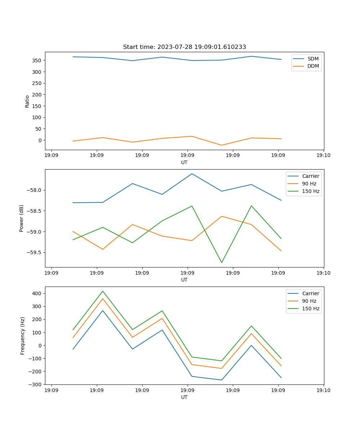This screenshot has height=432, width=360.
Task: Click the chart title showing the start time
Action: tap(184, 47)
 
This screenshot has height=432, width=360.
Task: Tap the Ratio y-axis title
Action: tap(27, 101)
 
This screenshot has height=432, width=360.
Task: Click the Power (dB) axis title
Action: tap(22, 218)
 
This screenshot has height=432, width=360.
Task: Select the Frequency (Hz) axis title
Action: tap(23, 336)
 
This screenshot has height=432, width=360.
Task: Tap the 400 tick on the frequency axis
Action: tap(37, 293)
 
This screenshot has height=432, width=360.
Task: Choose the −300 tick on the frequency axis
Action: tap(36, 384)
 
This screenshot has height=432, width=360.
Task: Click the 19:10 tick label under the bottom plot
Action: tap(323, 390)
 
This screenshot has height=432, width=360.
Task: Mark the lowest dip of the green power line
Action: tap(221, 262)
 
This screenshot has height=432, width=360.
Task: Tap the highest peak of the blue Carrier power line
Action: tap(192, 174)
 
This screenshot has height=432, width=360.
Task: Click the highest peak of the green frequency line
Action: tap(103, 291)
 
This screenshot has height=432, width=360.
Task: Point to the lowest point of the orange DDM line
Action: tap(221, 145)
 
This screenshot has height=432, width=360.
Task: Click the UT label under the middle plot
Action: tap(184, 280)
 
